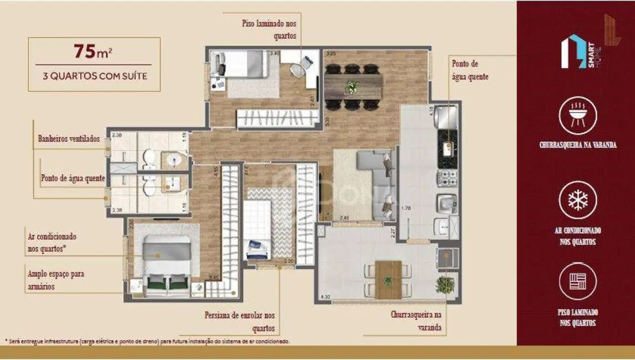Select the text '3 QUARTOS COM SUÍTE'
point(95,76)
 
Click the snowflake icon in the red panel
point(577,200)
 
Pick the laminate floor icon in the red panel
point(577,281)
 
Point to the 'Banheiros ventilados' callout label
point(69,138)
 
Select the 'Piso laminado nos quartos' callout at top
point(269,29)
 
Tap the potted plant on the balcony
point(445,285)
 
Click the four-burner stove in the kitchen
point(447,178)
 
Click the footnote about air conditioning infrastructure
point(147,341)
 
